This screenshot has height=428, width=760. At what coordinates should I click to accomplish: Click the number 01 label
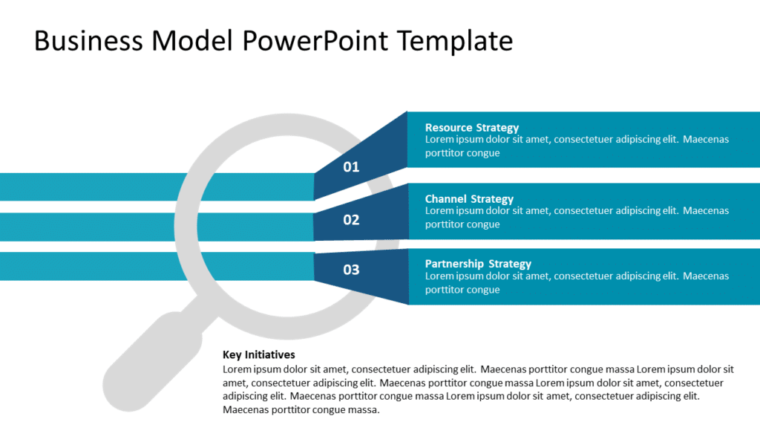[x=351, y=166]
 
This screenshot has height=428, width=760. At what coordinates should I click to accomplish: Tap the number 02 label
[x=351, y=220]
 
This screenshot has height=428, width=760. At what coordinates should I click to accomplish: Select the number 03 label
[x=351, y=269]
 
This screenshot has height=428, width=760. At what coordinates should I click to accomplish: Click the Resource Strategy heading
[x=471, y=128]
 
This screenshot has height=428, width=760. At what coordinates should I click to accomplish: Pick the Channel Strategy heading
[x=469, y=199]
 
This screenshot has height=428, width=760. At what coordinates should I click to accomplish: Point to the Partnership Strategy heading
[x=478, y=264]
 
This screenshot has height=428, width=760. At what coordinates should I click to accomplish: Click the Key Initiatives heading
[x=258, y=354]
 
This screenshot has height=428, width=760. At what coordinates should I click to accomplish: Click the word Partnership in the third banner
[x=453, y=264]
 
